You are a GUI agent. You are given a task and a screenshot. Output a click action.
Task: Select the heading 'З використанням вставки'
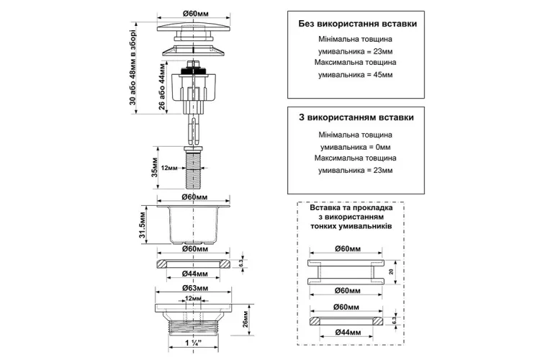point(356,116)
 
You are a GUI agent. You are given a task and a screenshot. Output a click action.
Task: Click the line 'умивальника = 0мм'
point(354,146)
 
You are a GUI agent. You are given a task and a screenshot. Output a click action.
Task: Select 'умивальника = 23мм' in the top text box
point(354,52)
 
